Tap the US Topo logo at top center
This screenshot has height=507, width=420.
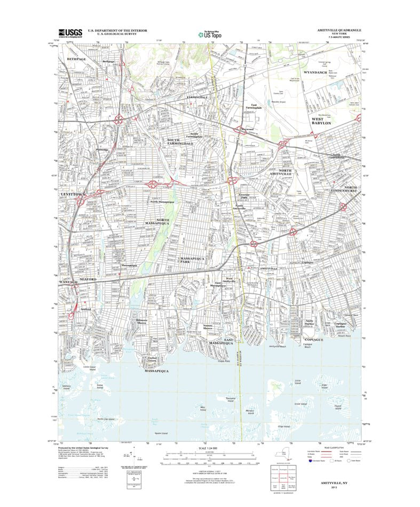click(x=210, y=34)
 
